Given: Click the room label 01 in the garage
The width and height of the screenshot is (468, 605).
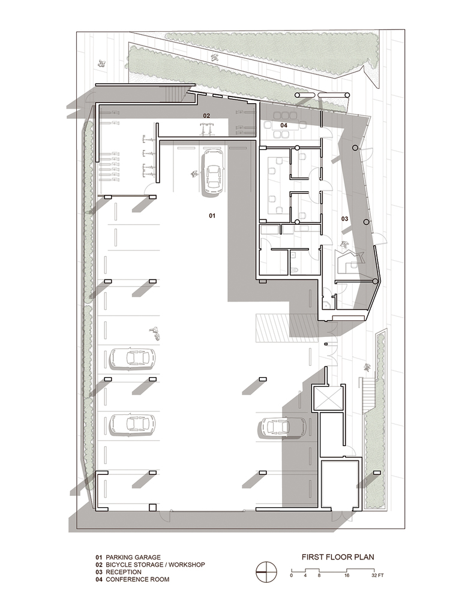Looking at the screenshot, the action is (212, 216).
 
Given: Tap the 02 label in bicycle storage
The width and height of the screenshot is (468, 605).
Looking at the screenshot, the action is (206, 116).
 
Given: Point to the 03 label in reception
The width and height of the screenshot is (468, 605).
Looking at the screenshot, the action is (345, 219).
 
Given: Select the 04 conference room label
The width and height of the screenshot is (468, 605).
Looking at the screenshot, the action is (284, 125).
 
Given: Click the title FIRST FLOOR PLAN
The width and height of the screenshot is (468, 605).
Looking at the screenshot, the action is (338, 557).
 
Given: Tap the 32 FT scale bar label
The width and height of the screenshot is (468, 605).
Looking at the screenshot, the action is (377, 575).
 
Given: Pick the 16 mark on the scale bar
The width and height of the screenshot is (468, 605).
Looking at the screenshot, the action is (347, 575).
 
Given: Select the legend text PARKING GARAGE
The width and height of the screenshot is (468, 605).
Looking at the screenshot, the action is (133, 557).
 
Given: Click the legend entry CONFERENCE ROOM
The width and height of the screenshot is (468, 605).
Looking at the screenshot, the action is (137, 579).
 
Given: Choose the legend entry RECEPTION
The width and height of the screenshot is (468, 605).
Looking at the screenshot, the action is (124, 572).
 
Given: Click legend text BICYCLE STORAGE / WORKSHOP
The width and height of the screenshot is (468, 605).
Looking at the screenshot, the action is (155, 564).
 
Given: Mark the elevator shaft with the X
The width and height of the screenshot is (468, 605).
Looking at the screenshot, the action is (328, 397).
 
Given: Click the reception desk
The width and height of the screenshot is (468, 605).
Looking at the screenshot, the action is (349, 262).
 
